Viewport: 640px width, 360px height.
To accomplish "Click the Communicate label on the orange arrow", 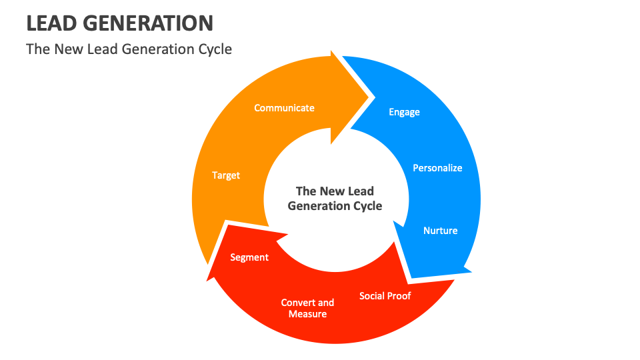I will [x=284, y=108].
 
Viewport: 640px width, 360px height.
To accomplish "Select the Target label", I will [x=226, y=175].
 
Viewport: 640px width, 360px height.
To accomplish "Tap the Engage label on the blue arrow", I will [x=404, y=112].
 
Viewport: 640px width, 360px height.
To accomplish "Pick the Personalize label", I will [x=437, y=168].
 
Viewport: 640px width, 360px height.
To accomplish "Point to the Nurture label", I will [x=440, y=231].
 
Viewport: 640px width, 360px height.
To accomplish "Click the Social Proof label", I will [x=385, y=295].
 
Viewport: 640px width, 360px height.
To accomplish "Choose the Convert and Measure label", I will [x=307, y=308].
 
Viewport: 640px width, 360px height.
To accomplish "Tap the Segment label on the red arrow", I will [x=249, y=257].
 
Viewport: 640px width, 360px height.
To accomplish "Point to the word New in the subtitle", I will [x=67, y=49].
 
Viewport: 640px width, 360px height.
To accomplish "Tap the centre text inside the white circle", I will [x=335, y=199].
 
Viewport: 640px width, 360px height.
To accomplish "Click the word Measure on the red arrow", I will [x=307, y=314].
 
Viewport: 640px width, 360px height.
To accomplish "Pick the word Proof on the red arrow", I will [x=399, y=295].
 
